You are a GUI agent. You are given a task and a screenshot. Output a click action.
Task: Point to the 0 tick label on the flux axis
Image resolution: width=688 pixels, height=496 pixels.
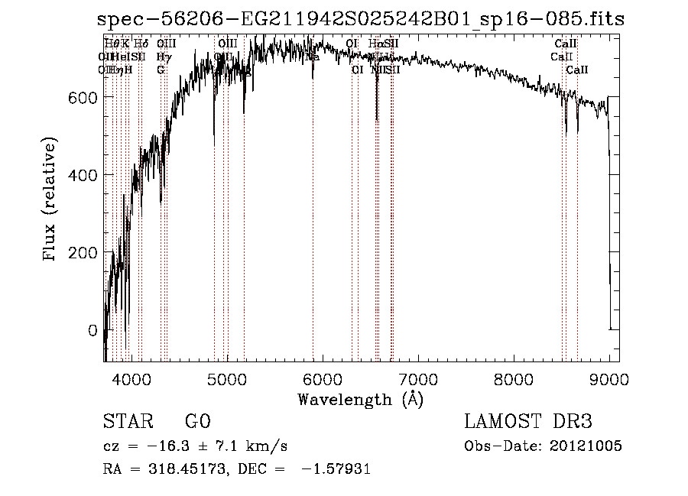click(92, 331)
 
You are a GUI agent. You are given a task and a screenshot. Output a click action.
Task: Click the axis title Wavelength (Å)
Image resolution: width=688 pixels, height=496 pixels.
click(360, 399)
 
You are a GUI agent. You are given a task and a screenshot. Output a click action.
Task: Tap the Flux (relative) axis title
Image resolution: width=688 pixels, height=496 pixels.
click(51, 200)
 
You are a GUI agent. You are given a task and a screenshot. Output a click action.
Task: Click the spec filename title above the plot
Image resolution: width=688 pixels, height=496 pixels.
click(361, 18)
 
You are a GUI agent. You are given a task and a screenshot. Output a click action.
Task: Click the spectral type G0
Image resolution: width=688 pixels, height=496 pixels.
click(197, 422)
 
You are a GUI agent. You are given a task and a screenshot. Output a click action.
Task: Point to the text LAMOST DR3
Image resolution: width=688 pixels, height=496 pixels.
click(528, 422)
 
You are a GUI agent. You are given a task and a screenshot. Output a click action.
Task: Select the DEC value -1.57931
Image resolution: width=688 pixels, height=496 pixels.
click(333, 469)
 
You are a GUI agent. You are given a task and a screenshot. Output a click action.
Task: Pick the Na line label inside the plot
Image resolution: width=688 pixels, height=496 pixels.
click(313, 57)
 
